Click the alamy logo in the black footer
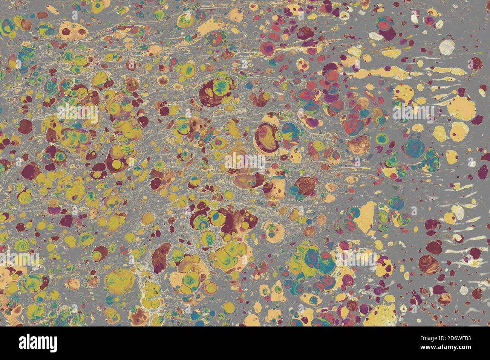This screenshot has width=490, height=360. pyautogui.click(x=38, y=343)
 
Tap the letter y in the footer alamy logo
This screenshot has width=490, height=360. pyautogui.click(x=53, y=344)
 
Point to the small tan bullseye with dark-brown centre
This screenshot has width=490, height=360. pyautogui.click(x=164, y=79)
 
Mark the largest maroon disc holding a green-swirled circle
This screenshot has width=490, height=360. pyautogui.click(x=213, y=90)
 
